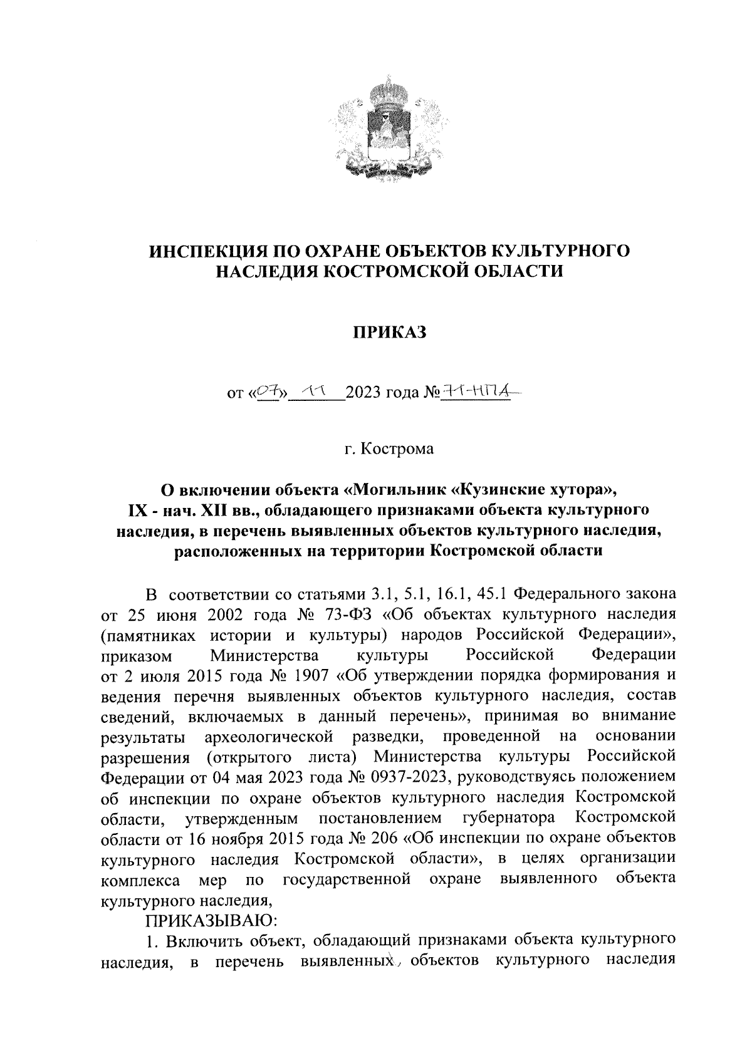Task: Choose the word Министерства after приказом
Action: pos(264,656)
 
